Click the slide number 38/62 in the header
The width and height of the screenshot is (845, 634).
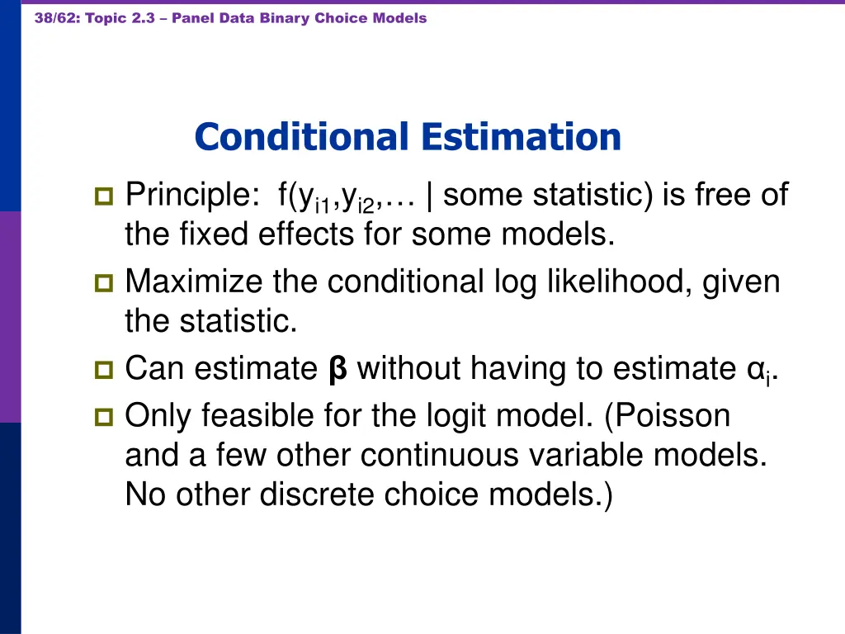point(55,18)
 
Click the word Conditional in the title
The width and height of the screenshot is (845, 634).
point(301,137)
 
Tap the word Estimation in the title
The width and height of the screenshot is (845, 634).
point(519,137)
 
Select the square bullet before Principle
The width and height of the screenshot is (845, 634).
point(104,196)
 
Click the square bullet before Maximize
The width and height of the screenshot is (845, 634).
point(104,283)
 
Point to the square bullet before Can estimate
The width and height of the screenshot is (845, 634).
point(104,370)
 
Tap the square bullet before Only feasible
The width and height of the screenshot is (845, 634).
point(104,417)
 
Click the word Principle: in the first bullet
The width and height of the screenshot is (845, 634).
point(191,196)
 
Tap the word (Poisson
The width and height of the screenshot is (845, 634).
point(668,416)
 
